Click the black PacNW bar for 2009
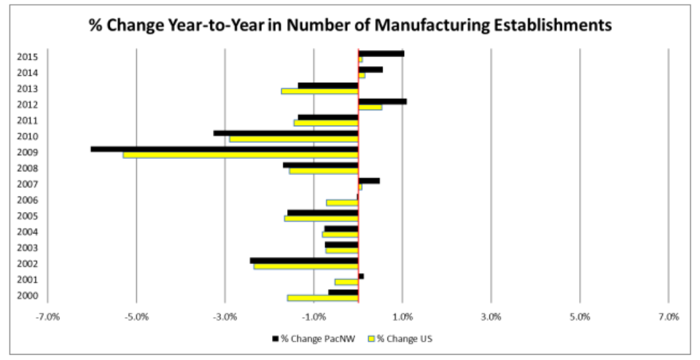pyautogui.click(x=225, y=149)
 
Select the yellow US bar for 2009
pyautogui.click(x=241, y=155)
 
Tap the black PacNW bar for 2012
pyautogui.click(x=382, y=101)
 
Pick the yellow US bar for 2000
pyautogui.click(x=323, y=298)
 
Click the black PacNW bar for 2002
pyautogui.click(x=304, y=260)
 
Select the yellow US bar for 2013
pyautogui.click(x=320, y=91)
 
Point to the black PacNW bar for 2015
pyautogui.click(x=381, y=53)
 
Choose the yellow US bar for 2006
pyautogui.click(x=342, y=203)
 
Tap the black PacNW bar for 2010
pyautogui.click(x=286, y=133)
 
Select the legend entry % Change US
pyautogui.click(x=401, y=338)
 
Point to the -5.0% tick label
pyautogui.click(x=136, y=317)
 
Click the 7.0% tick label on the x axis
pyautogui.click(x=668, y=317)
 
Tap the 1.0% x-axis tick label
pyautogui.click(x=402, y=317)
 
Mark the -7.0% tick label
pyautogui.click(x=48, y=317)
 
